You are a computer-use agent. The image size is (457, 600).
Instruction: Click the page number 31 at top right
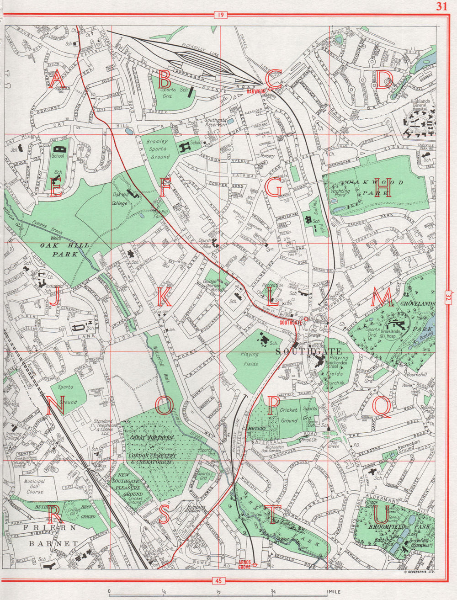coord(441,6)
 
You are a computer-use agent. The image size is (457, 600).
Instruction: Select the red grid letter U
coord(382,514)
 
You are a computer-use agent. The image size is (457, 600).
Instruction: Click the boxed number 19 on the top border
coord(220,16)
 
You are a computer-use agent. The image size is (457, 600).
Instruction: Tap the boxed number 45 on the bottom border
coord(219,581)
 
